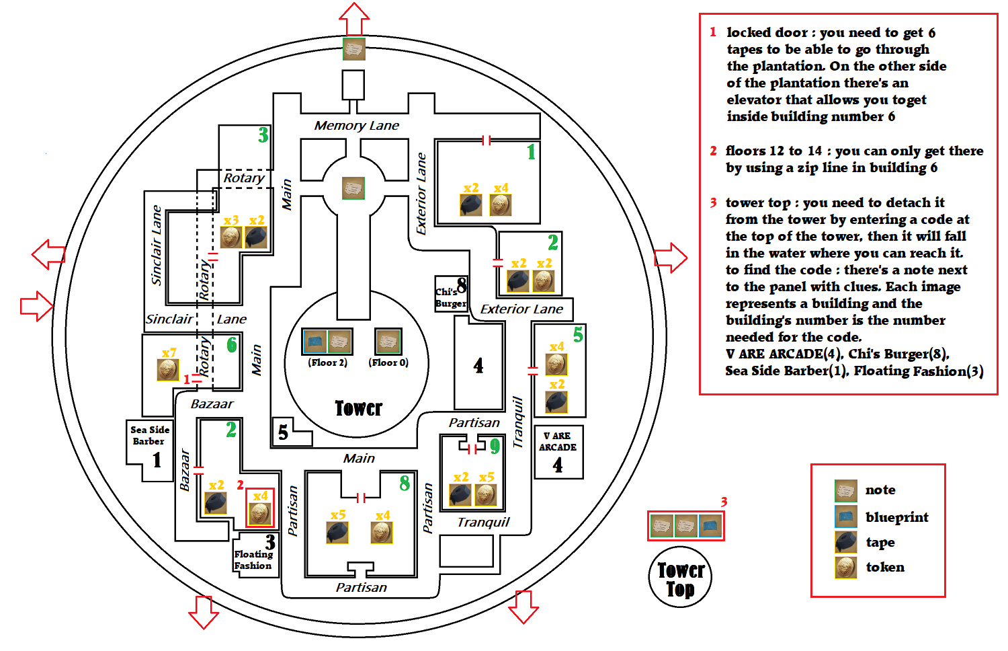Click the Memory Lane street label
[x=356, y=126]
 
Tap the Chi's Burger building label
[x=451, y=297]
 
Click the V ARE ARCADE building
[x=558, y=452]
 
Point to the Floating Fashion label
[x=253, y=560]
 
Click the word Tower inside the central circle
[x=359, y=408]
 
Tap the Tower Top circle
[x=680, y=577]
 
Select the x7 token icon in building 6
[x=168, y=370]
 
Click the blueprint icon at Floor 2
[x=314, y=342]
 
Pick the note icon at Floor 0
[x=388, y=341]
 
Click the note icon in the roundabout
[x=353, y=188]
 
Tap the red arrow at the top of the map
[x=354, y=19]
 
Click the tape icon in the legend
[x=846, y=542]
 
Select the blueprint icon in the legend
[x=846, y=516]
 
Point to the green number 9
[x=495, y=446]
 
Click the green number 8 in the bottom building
[x=405, y=484]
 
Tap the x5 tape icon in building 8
[x=337, y=533]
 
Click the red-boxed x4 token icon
[x=259, y=513]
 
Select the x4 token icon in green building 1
[x=501, y=205]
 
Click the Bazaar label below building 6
[x=212, y=404]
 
